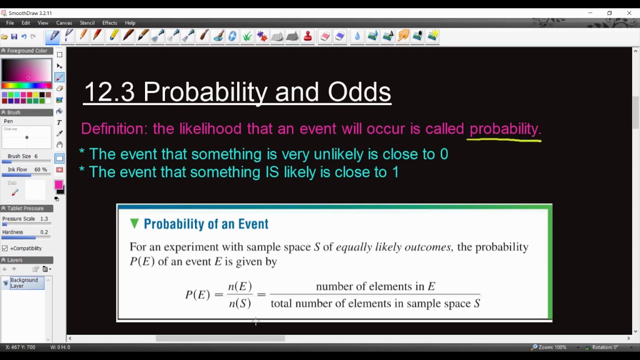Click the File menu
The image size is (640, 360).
pyautogui.click(x=10, y=23)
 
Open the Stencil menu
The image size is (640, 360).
pyautogui.click(x=87, y=23)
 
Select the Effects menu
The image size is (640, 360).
pyautogui.click(x=109, y=23)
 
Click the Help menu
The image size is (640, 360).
pyautogui.click(x=130, y=23)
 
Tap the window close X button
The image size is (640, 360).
pyautogui.click(x=629, y=13)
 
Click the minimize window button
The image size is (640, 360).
pyautogui.click(x=590, y=13)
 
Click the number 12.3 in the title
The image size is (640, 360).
pyautogui.click(x=109, y=92)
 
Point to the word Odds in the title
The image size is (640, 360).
pyautogui.click(x=359, y=92)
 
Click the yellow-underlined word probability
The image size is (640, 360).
pyautogui.click(x=504, y=129)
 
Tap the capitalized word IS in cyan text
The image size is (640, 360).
pyautogui.click(x=270, y=172)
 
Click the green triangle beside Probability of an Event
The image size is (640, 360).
pyautogui.click(x=134, y=223)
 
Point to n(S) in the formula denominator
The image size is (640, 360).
pyautogui.click(x=240, y=303)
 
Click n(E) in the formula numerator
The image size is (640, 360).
pyautogui.click(x=240, y=286)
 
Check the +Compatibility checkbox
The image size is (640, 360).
pyautogui.click(x=5, y=248)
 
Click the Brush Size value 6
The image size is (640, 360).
pyautogui.click(x=35, y=156)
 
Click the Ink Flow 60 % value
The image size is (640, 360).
pyautogui.click(x=40, y=170)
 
